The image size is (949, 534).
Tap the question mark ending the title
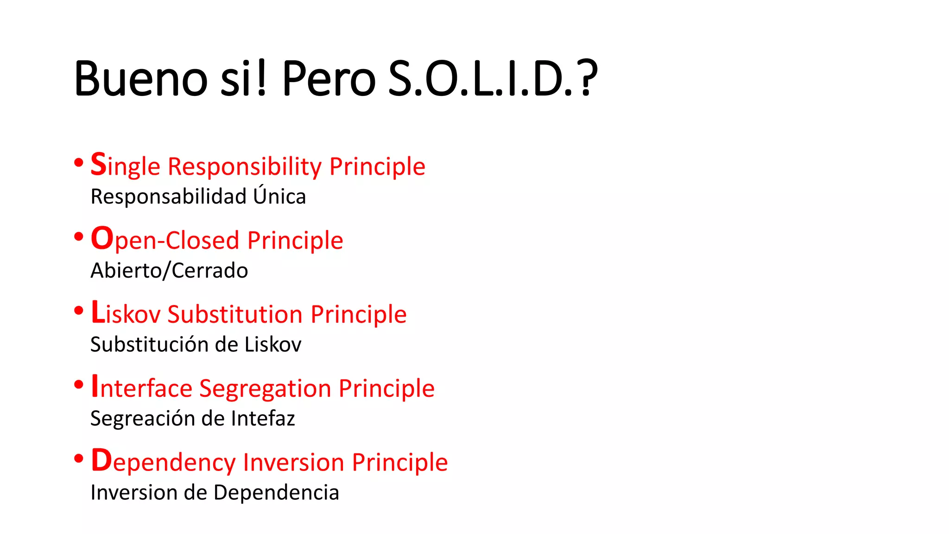[x=587, y=78]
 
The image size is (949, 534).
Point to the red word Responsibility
[x=245, y=167]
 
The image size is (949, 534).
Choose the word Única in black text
[x=279, y=196]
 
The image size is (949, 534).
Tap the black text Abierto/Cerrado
[x=169, y=270]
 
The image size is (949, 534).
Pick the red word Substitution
[x=235, y=314]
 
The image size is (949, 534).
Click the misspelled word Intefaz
[x=263, y=418]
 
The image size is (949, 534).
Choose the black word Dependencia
[x=276, y=492]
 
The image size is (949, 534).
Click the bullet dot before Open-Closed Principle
[x=79, y=237]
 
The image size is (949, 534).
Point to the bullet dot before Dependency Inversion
[x=79, y=458]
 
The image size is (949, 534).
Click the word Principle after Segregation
[x=386, y=388]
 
